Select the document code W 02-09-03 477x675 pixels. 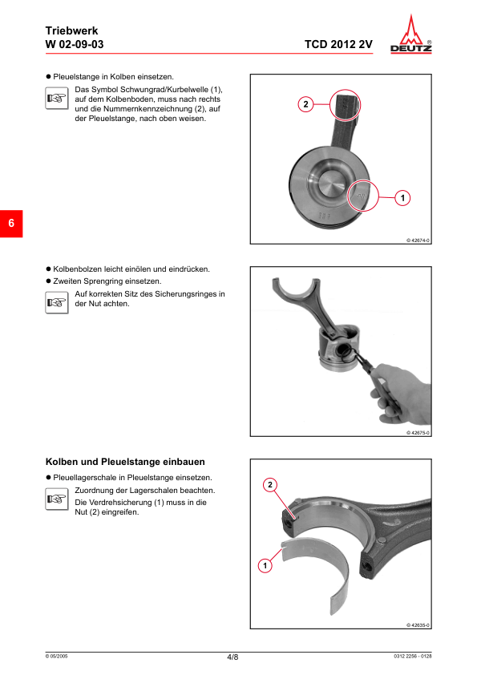click(75, 44)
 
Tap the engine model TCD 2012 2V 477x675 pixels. click(338, 44)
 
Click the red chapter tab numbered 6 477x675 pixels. click(12, 223)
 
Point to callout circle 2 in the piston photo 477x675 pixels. click(306, 104)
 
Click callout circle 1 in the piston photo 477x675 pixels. click(402, 196)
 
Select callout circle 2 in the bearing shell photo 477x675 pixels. click(271, 485)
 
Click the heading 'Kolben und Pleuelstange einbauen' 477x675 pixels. click(125, 462)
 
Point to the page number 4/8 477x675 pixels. click(232, 657)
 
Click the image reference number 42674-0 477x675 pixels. click(418, 240)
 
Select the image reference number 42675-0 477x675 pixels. click(418, 433)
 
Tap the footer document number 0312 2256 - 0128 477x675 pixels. click(413, 657)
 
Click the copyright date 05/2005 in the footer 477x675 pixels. click(57, 657)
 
